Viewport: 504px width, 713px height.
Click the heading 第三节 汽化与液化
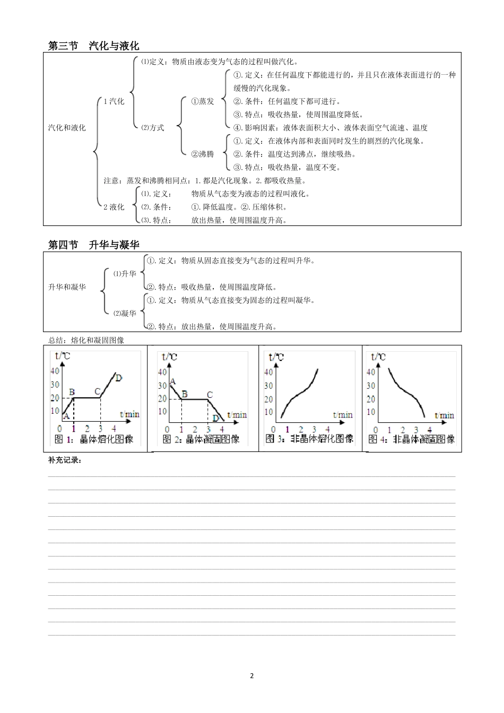93,46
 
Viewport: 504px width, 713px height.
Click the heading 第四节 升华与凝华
93,245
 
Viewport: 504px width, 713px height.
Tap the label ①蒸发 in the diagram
203,101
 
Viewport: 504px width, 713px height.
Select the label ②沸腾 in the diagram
203,154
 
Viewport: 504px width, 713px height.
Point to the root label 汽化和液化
67,128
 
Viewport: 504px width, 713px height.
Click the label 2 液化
114,207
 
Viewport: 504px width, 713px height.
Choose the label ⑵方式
153,128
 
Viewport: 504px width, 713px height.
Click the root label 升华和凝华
67,287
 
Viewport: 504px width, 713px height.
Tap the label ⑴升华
125,274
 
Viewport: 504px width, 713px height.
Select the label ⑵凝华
125,314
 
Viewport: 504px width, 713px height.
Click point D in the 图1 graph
119,378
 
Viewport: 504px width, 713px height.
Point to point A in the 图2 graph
173,381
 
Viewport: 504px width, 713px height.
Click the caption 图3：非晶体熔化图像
309,439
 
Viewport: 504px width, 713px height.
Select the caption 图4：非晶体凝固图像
412,439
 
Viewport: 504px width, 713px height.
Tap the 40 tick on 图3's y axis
268,372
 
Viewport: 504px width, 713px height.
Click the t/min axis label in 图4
444,415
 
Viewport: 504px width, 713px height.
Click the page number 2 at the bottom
252,676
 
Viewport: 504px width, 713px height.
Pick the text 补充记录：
65,460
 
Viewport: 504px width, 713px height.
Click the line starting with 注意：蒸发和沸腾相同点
205,180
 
